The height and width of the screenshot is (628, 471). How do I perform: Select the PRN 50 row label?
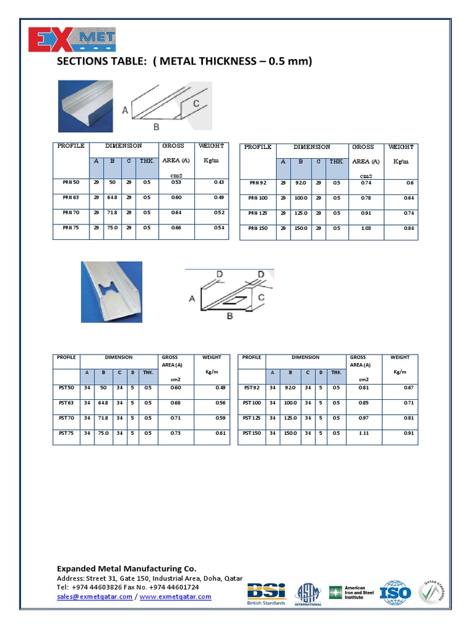coord(71,182)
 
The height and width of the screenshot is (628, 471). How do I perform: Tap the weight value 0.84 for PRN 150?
coord(409,228)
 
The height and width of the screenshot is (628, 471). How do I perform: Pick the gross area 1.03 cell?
coord(366,228)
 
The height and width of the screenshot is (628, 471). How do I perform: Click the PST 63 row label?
coord(66,403)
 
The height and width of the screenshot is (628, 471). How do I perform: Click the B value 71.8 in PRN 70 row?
coord(112,212)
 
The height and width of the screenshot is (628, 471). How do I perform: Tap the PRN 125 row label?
coord(258,213)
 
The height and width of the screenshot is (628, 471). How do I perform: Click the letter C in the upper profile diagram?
coord(196,104)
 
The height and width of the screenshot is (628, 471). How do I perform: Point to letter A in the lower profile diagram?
coord(191,299)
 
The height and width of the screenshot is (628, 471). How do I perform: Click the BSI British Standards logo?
coord(266,593)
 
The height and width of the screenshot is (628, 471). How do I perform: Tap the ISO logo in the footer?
coord(395,592)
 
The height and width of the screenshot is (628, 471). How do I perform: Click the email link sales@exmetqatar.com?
coord(94,597)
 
